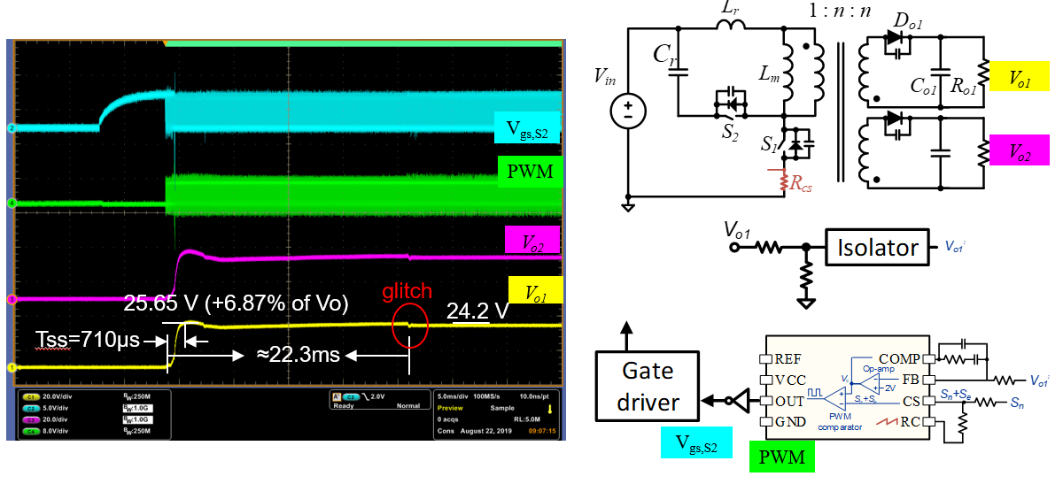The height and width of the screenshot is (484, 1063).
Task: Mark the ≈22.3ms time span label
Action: point(291,357)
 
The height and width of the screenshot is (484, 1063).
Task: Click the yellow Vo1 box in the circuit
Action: point(1020,78)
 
